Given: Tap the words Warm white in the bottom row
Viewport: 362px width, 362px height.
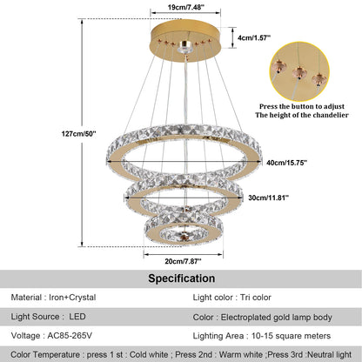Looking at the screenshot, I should point(227,356).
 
